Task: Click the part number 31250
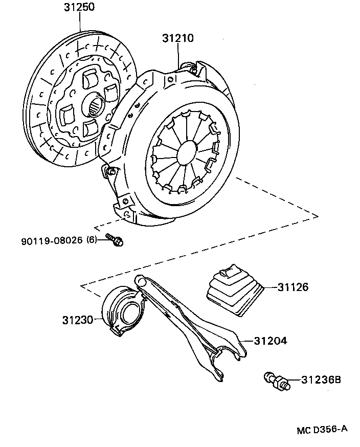pos(79,7)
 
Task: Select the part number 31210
pos(178,38)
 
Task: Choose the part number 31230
pos(78,320)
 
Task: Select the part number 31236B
pos(320,380)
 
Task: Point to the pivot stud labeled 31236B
pos(277,381)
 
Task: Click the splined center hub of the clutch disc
pos(96,107)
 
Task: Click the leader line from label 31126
pos(269,287)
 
